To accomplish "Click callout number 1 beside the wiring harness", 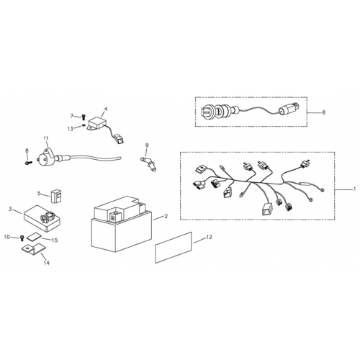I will (354, 189).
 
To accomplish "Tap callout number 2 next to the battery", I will (166, 216).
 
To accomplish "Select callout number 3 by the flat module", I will (10, 209).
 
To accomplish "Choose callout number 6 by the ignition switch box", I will (323, 113).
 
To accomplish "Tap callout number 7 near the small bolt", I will (72, 115).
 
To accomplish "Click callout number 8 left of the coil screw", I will (27, 150).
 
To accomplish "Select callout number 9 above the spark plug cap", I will (146, 145).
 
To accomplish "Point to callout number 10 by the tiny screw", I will (8, 236).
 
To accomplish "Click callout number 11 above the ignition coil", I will (45, 137).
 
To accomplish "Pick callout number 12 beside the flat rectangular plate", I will (209, 237).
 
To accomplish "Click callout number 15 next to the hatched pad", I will (55, 240).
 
